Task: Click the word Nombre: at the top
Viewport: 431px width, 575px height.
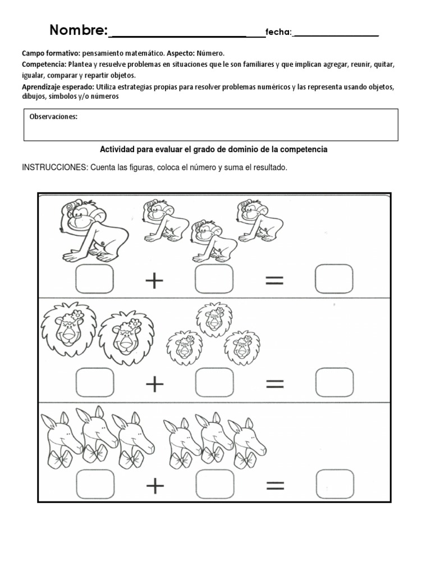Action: pyautogui.click(x=79, y=30)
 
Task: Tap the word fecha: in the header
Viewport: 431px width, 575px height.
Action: pyautogui.click(x=279, y=33)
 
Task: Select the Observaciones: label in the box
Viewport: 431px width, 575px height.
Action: pyautogui.click(x=53, y=117)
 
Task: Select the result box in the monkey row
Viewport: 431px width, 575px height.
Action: pyautogui.click(x=334, y=280)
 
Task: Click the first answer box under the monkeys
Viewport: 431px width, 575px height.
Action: pyautogui.click(x=94, y=280)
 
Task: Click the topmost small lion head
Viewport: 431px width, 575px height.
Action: pyautogui.click(x=213, y=319)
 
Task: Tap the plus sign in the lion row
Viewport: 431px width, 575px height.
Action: pyautogui.click(x=154, y=384)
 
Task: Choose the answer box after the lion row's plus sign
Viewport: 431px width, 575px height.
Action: pyautogui.click(x=214, y=384)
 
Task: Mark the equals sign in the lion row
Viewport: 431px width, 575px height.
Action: pyautogui.click(x=275, y=384)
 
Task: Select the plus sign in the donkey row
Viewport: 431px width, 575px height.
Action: pyautogui.click(x=154, y=486)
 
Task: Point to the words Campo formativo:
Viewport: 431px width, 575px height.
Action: pyautogui.click(x=51, y=53)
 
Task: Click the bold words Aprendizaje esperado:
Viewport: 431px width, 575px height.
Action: pyautogui.click(x=57, y=87)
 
